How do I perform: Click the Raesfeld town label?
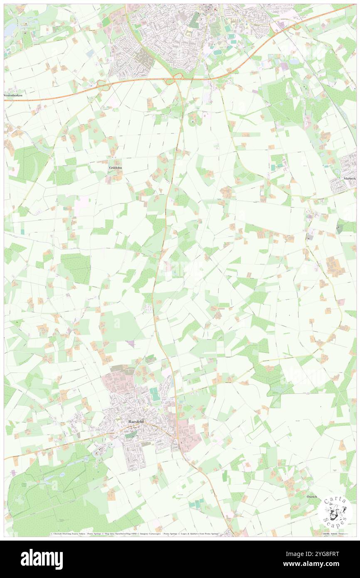(x=136, y=421)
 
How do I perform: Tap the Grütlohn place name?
(x=116, y=168)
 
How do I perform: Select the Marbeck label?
(x=349, y=178)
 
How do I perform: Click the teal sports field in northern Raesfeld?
(x=155, y=394)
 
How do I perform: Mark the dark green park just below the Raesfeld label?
(x=131, y=435)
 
